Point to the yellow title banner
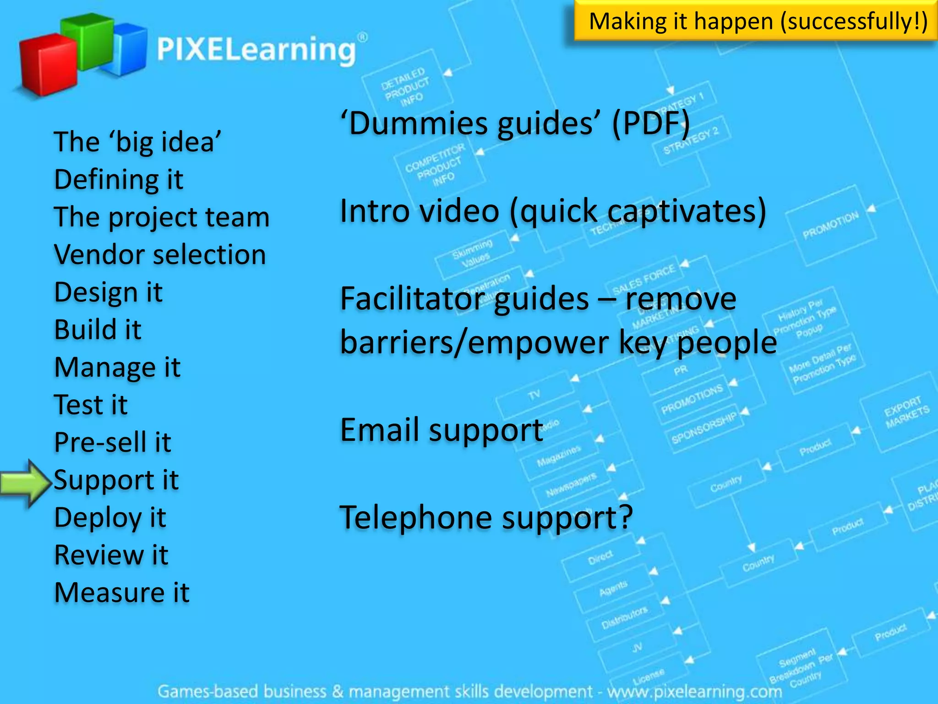click(756, 21)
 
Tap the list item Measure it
click(121, 593)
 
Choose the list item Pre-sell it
click(113, 442)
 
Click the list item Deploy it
click(110, 517)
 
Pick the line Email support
click(442, 430)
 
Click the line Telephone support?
click(486, 517)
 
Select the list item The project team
click(162, 217)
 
